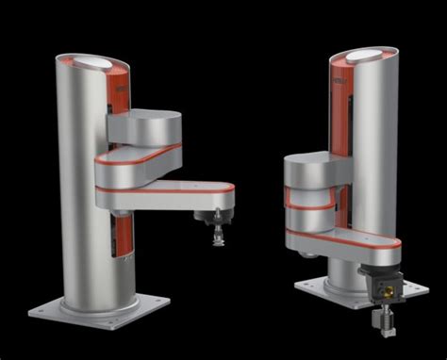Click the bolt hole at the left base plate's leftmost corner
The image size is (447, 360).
coord(40,307)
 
